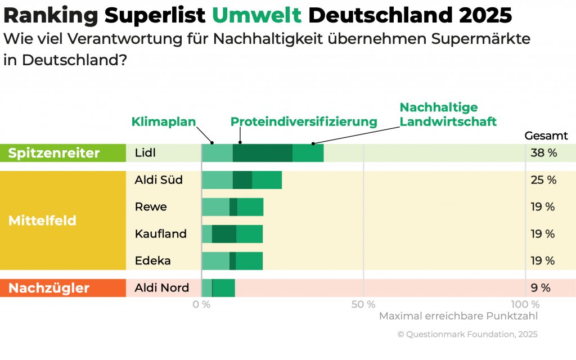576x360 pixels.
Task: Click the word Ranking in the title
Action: [51, 16]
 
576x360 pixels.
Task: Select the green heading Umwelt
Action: [256, 16]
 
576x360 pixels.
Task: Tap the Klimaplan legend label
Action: [164, 121]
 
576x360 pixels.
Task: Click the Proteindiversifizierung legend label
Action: [304, 122]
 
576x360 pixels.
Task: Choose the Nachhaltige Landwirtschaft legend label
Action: [448, 114]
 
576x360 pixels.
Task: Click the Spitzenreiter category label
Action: [54, 153]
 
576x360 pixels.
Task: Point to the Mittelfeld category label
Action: [42, 220]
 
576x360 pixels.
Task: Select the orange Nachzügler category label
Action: [49, 288]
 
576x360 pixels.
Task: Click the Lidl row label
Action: [145, 153]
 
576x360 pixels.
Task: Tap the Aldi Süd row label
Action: [159, 180]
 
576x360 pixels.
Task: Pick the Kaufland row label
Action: [160, 234]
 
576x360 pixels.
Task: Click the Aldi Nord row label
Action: [161, 288]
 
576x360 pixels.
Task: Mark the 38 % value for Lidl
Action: [543, 153]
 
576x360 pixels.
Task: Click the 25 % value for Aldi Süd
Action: [543, 180]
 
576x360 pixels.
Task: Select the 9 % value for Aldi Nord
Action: [540, 288]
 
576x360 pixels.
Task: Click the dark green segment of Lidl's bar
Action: [262, 153]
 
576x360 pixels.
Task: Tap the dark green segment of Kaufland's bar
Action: [224, 234]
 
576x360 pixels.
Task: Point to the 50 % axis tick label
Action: [363, 304]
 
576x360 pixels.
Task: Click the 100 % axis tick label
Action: [525, 304]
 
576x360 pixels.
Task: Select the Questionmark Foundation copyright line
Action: [467, 334]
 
